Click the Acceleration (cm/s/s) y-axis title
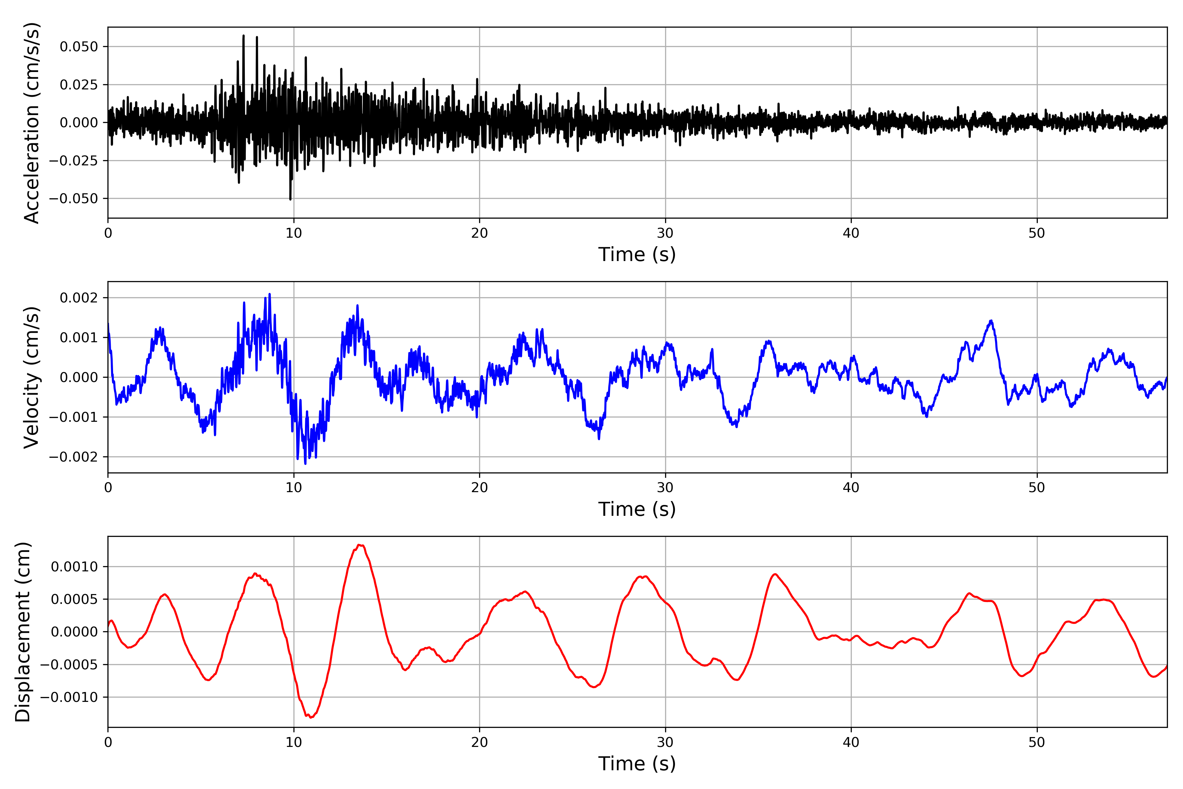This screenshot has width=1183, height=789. (31, 123)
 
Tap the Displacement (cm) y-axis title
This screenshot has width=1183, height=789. (23, 632)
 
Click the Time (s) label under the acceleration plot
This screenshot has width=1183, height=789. (637, 254)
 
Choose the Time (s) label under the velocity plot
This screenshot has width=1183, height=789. (637, 509)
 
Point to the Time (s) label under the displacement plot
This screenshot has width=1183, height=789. (637, 764)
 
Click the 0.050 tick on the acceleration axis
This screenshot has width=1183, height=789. (79, 47)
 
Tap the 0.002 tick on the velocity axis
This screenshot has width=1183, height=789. (79, 298)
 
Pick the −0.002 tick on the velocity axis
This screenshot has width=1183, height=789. (73, 457)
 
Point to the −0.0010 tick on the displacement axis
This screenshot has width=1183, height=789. (69, 697)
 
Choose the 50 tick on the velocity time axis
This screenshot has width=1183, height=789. (1037, 488)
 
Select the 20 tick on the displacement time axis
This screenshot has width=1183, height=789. (479, 742)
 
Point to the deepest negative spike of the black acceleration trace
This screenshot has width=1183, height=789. (290, 199)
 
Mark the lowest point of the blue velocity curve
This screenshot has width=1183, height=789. (305, 464)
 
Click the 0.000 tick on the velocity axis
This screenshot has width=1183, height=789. (79, 377)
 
